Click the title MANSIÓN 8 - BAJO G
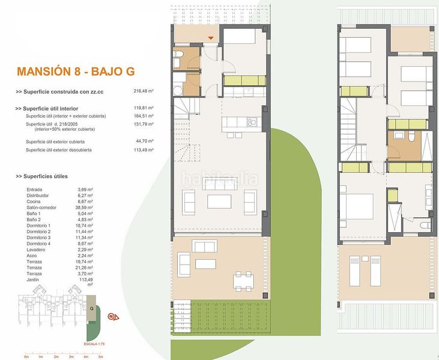(x=76, y=72)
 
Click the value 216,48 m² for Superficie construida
(x=144, y=92)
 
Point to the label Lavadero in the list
(x=36, y=251)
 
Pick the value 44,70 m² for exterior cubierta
(x=144, y=142)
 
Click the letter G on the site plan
(x=91, y=308)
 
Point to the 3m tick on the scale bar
(x=71, y=357)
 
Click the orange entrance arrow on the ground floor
(x=210, y=39)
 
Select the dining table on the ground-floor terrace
(x=243, y=280)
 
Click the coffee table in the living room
(x=219, y=200)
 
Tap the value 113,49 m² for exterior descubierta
(x=144, y=150)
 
